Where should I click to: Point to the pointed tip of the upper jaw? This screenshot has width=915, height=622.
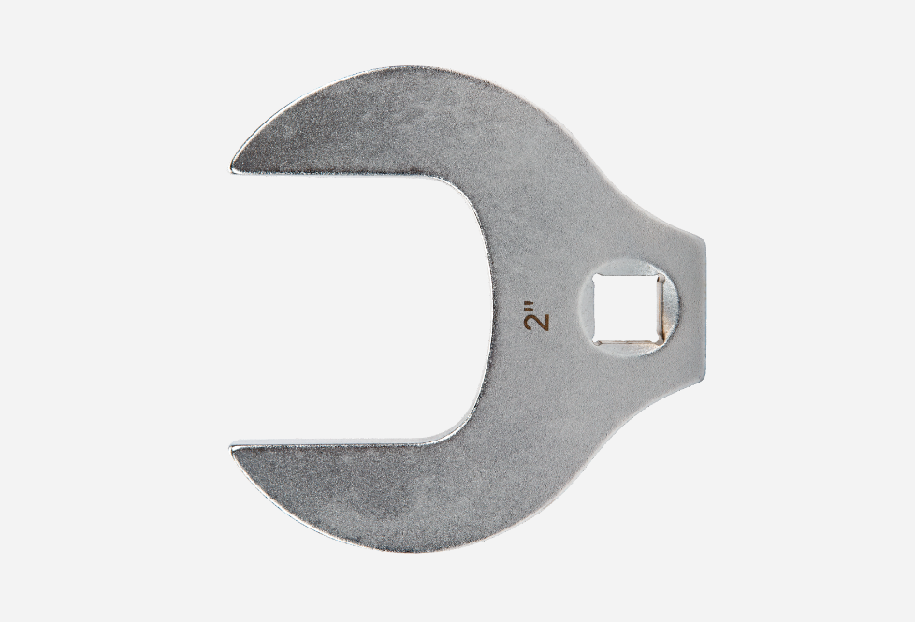coord(234,167)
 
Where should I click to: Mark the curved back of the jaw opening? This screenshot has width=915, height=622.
coord(488,309)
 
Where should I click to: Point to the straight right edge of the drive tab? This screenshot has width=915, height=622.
coord(706,309)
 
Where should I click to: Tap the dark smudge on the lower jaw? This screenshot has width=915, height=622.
coord(393,500)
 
